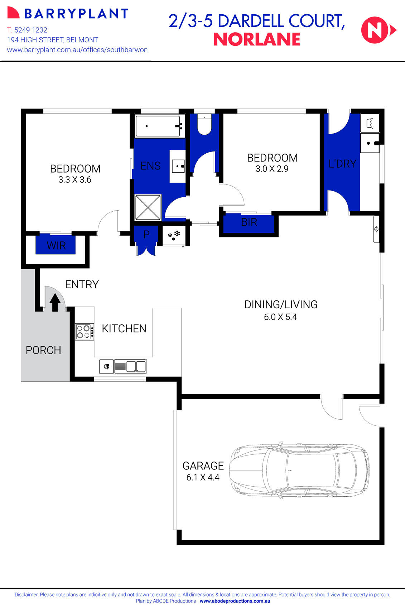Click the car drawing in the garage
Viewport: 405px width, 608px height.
(x=299, y=470)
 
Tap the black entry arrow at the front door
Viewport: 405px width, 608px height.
(x=55, y=302)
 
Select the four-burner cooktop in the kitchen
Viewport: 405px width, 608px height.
(x=85, y=332)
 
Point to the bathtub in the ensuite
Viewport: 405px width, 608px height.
(x=158, y=126)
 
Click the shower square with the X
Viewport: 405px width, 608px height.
(x=148, y=207)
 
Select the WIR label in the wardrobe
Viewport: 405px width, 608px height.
(x=56, y=246)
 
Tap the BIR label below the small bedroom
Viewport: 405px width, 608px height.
(x=249, y=222)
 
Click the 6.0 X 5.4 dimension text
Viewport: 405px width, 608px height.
(x=280, y=317)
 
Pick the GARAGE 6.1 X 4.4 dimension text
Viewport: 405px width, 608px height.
(x=203, y=477)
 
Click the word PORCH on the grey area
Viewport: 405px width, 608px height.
(x=43, y=350)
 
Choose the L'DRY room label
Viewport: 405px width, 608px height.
(x=342, y=164)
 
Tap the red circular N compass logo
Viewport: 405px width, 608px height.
(x=375, y=30)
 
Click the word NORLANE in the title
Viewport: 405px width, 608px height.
(x=257, y=39)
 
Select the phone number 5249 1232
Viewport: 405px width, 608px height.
(x=31, y=30)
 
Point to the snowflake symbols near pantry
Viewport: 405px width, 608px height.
(x=174, y=235)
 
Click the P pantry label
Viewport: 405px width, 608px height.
(x=146, y=235)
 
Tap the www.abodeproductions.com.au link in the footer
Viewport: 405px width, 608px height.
(x=235, y=601)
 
